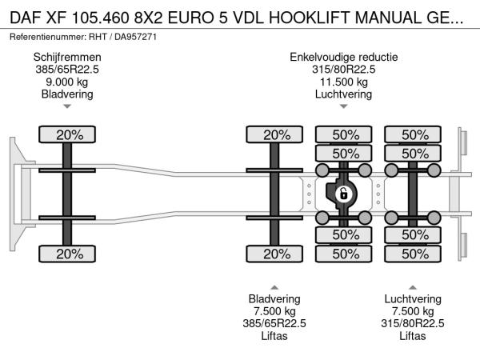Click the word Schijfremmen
coord(67,57)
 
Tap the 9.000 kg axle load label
coord(67,82)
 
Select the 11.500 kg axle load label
coord(343,82)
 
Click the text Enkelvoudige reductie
coord(343,57)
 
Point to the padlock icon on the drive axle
coord(342,194)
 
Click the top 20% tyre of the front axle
coord(69,134)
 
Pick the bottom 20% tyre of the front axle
coord(69,254)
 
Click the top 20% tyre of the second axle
coord(276,134)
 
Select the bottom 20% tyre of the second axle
coord(276,254)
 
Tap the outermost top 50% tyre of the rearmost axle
coord(414,134)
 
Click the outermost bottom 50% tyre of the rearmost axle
coord(414,254)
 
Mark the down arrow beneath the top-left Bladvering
coord(67,106)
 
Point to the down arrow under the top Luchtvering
coord(343,106)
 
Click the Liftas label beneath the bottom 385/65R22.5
coord(274,336)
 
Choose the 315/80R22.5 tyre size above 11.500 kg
coord(343,69)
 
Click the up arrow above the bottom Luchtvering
coord(413,286)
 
